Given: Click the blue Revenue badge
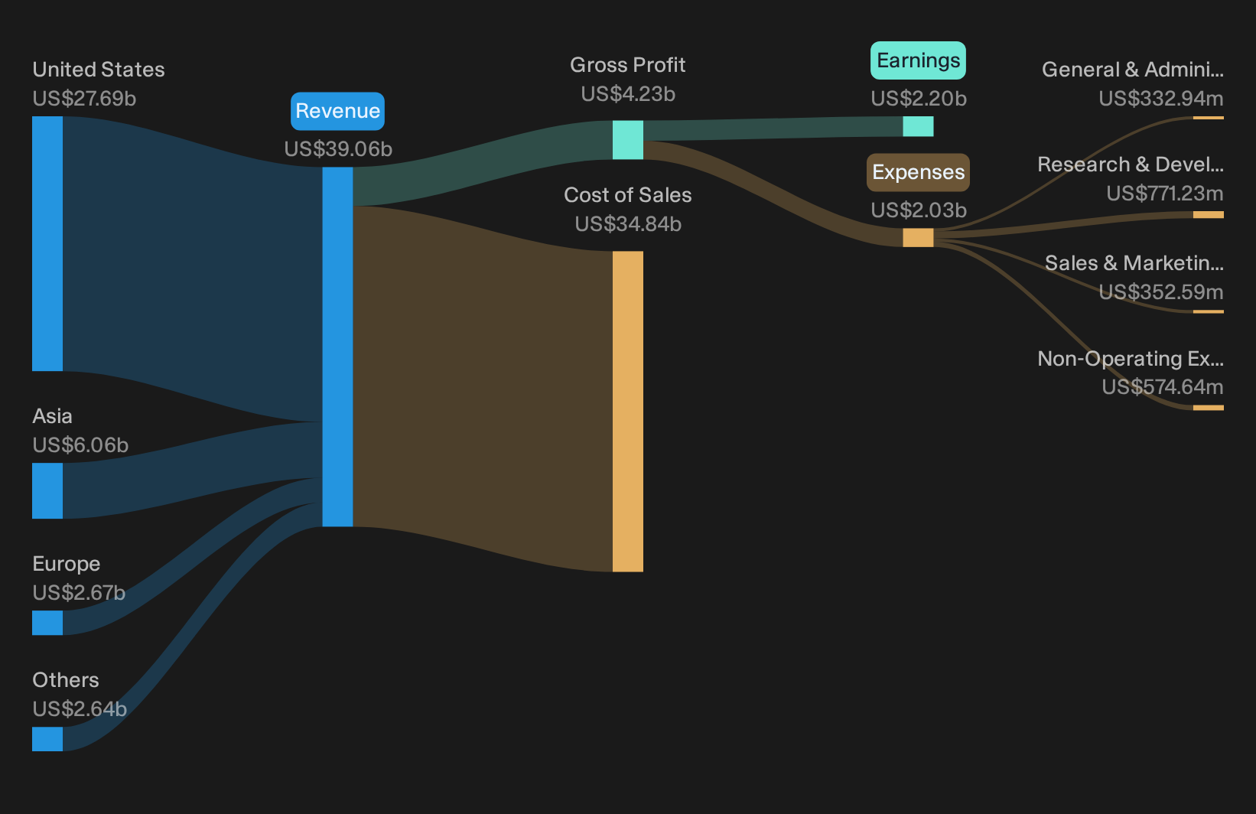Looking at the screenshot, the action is click(337, 111).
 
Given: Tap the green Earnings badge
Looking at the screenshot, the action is click(918, 60).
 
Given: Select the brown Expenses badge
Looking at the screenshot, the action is click(918, 172).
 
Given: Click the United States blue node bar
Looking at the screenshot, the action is click(47, 243).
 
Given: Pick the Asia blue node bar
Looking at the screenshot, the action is click(47, 491).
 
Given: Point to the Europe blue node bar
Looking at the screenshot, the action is click(47, 623).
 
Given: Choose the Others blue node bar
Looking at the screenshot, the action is click(47, 739).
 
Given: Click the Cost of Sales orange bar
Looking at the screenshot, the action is click(627, 411).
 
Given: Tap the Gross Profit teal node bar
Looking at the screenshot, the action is click(627, 140).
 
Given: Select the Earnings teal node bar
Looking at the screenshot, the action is click(918, 126).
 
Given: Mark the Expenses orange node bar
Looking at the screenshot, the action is click(918, 237).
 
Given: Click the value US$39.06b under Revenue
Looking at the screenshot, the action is click(338, 149).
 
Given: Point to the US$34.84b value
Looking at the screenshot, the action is click(628, 224).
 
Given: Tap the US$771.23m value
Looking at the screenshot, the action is click(1165, 194).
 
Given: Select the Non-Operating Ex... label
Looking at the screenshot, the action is click(1131, 359).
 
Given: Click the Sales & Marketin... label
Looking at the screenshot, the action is click(1134, 263).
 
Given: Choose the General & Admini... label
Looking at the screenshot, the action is click(1133, 70).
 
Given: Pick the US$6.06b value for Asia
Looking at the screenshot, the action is click(80, 445).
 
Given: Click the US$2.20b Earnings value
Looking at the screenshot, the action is click(919, 99).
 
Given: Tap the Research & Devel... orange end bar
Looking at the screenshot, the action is click(1209, 215).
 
